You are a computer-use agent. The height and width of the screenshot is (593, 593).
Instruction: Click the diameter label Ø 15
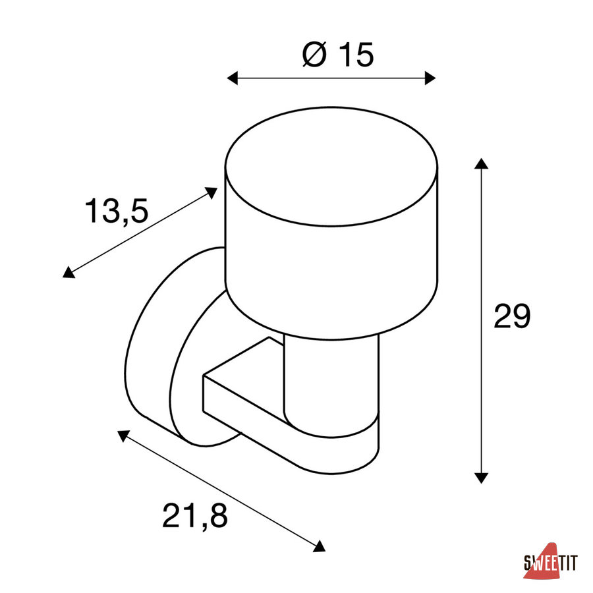(338, 55)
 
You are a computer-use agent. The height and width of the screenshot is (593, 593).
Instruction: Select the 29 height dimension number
(512, 316)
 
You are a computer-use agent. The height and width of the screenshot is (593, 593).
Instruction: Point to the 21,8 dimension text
(195, 515)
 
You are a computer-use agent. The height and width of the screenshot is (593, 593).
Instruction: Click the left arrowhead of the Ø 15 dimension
(232, 78)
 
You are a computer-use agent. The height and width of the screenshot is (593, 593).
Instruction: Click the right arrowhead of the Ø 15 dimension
(430, 78)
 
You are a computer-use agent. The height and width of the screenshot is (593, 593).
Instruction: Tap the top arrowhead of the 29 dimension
(481, 163)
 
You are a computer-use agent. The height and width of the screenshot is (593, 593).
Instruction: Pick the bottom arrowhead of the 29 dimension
(481, 478)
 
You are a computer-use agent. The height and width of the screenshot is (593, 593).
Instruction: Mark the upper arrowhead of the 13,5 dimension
(212, 192)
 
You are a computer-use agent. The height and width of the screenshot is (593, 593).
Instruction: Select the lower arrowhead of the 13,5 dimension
(68, 273)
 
